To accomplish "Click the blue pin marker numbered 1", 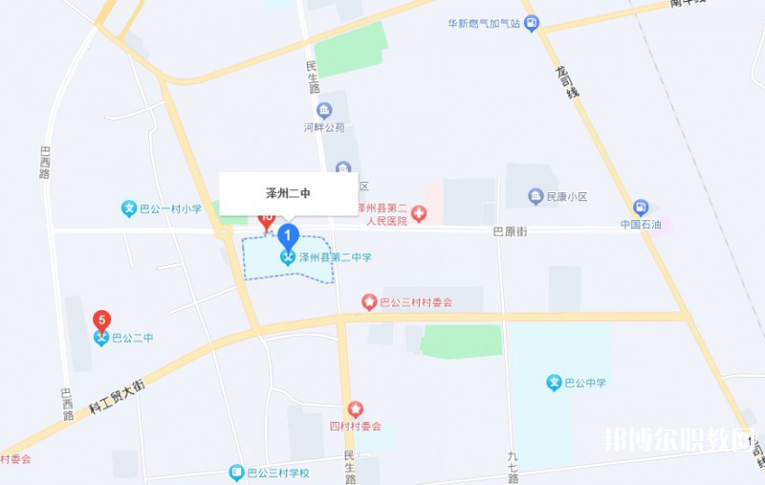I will tap(288, 234).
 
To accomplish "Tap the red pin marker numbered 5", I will tap(101, 320).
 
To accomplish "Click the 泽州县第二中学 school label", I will tap(335, 257).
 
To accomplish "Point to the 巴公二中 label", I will tap(132, 338).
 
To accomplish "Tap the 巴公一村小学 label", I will tap(169, 209).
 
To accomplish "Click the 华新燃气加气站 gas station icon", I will tap(532, 23).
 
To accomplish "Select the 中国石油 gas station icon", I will tap(641, 208).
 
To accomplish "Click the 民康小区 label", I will tap(565, 197).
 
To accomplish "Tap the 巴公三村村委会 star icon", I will tap(369, 302).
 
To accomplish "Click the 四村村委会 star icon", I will tap(356, 409).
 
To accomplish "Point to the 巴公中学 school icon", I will tap(554, 384).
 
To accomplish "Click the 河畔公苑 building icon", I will tap(324, 110).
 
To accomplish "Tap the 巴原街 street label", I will tap(510, 231).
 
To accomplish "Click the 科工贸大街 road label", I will tap(117, 395).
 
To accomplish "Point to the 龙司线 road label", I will tap(566, 80).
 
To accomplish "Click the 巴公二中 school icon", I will tap(101, 338).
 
